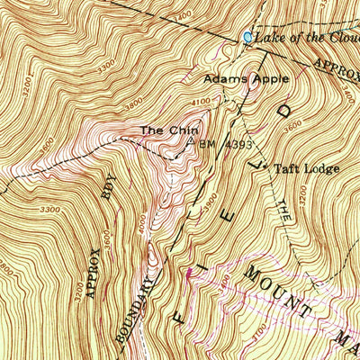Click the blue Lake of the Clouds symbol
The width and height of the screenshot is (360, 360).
pos(248,37)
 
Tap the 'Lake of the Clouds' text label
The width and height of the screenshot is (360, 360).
pos(307,38)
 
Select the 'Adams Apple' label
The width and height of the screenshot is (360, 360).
pos(246,79)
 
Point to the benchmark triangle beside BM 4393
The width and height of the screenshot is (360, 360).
pos(191,140)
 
